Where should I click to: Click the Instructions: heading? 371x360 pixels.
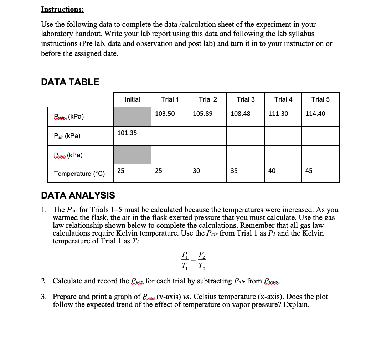tap(62, 9)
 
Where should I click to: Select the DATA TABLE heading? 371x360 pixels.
tap(70, 82)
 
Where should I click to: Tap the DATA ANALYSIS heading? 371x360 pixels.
tap(78, 195)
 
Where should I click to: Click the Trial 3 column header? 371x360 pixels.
tap(246, 99)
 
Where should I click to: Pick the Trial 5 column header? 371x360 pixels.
tap(320, 99)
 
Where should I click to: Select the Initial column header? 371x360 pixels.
tap(132, 99)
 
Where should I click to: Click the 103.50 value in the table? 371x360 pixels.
tap(165, 114)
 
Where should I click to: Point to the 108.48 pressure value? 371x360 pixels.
tap(241, 114)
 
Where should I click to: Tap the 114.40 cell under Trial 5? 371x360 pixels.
tap(315, 114)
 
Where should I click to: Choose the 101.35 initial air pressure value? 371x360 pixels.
tap(127, 133)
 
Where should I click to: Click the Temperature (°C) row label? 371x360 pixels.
tap(79, 174)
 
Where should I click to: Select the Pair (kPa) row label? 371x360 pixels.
tap(67, 136)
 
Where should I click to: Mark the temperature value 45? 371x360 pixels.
tap(309, 171)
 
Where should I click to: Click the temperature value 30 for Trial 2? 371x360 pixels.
tap(196, 171)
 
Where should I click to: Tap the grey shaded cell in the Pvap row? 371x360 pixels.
tap(132, 155)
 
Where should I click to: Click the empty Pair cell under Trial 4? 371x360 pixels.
tap(283, 136)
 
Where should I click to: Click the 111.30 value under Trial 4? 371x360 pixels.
tap(278, 114)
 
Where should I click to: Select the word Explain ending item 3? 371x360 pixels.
tap(296, 305)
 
